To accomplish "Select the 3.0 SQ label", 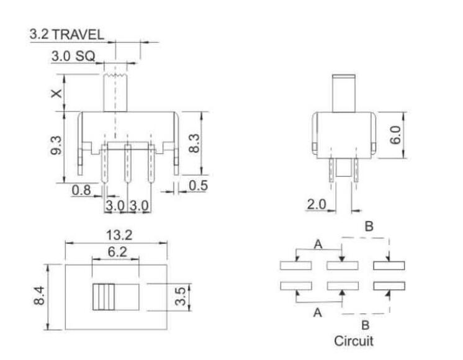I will tap(73, 56).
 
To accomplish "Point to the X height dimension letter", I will tap(56, 93).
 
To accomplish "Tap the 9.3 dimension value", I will tap(56, 147).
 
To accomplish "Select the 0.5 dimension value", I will tap(197, 185).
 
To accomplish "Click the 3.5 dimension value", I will tap(180, 297).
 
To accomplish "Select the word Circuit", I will tap(354, 341).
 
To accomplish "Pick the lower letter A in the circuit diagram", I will tap(318, 313).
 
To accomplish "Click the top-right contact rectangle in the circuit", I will tap(389, 266).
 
